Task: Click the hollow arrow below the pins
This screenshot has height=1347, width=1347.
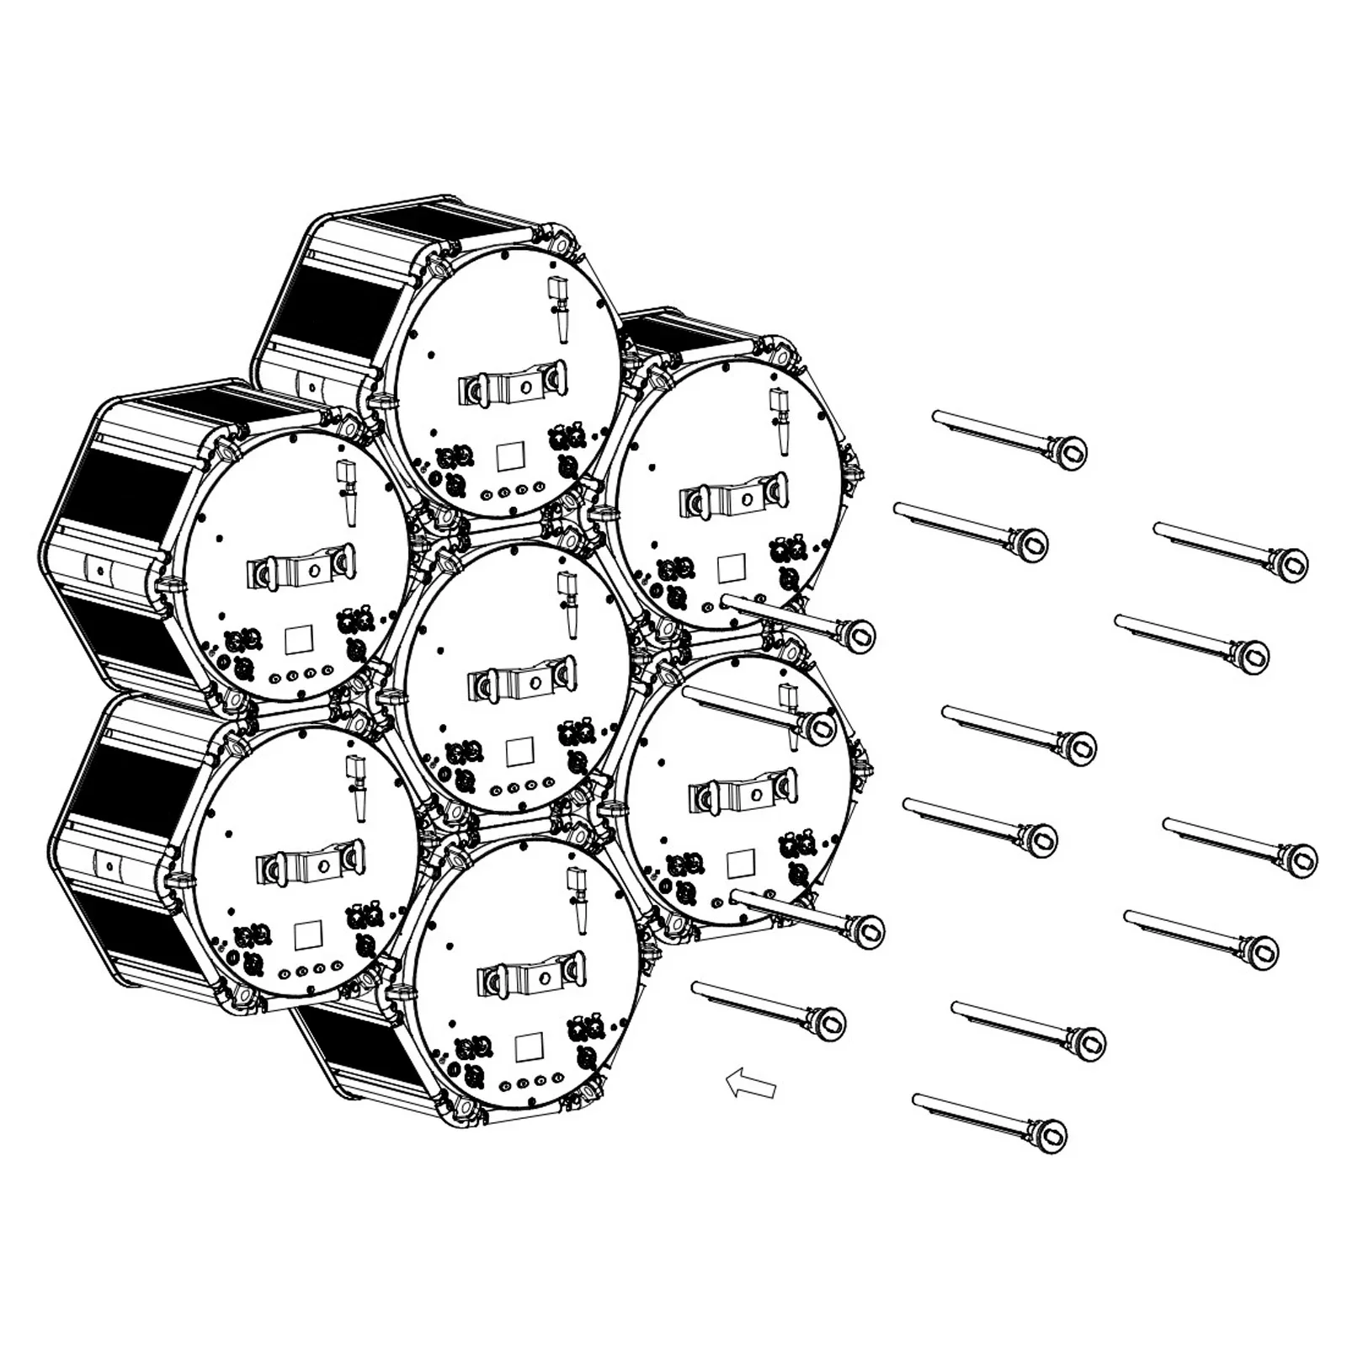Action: pyautogui.click(x=751, y=1083)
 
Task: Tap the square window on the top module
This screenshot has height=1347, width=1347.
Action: pyautogui.click(x=510, y=456)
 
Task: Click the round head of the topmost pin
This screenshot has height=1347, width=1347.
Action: pyautogui.click(x=1072, y=452)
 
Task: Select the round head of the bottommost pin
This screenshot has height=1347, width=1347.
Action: pyautogui.click(x=1052, y=1136)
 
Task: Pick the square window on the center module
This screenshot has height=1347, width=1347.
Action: pyautogui.click(x=520, y=751)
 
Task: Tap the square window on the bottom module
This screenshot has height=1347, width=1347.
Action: pyautogui.click(x=529, y=1046)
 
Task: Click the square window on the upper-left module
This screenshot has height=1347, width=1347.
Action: pyautogui.click(x=299, y=640)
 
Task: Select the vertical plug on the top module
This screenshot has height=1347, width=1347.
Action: pyautogui.click(x=556, y=310)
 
